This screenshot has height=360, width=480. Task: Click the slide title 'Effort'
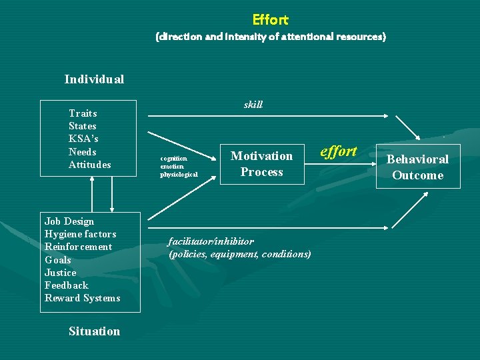270,20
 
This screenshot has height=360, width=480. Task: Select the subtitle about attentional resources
270,37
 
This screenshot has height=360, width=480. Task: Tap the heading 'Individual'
94,79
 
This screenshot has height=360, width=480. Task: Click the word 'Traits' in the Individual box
83,113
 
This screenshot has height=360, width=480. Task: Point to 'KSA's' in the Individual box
83,139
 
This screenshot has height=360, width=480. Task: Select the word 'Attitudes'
90,165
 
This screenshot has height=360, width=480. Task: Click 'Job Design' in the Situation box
69,221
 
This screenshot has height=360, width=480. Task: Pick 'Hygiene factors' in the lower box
80,234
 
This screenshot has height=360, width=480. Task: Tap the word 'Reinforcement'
78,247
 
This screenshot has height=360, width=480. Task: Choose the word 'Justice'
61,273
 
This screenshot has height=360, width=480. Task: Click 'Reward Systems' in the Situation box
82,298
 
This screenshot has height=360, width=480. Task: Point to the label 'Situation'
94,331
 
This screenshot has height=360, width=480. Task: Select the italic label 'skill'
253,105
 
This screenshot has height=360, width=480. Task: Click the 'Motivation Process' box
261,164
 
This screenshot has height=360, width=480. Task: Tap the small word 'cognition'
174,158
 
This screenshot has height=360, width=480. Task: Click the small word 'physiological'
179,175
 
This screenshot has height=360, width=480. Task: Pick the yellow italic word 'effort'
339,151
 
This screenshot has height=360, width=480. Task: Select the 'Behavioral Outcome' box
417,167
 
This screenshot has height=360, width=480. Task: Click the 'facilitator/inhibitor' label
211,241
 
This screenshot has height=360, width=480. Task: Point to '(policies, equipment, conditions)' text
240,254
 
